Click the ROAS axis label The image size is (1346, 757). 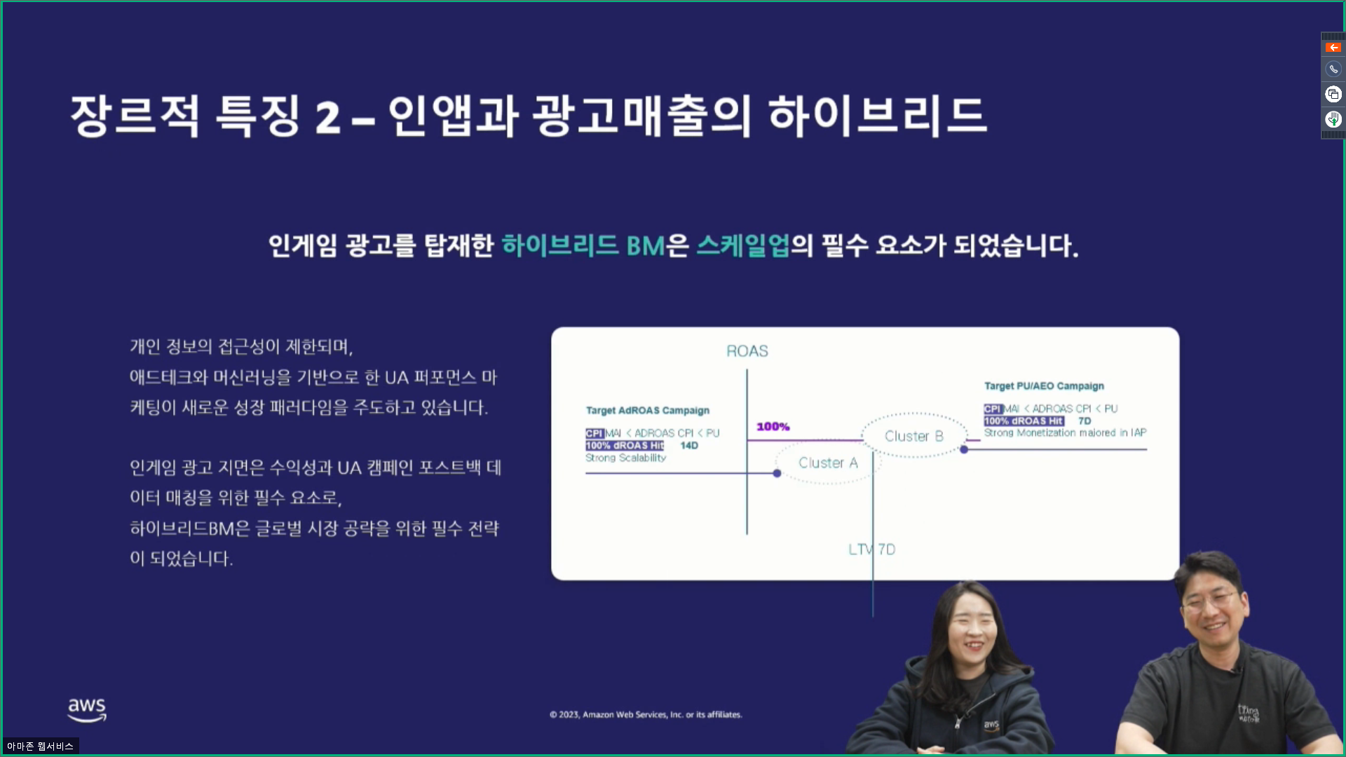747,351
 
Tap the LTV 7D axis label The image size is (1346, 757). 871,550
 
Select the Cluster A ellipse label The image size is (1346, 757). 828,463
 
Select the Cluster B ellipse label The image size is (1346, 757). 913,436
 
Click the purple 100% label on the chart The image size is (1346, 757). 773,426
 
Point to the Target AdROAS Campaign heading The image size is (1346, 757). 648,410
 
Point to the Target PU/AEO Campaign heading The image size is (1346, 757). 1044,386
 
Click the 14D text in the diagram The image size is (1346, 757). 689,445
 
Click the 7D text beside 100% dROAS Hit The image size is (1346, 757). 1085,421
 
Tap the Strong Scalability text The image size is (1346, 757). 625,458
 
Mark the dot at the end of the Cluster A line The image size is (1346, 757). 777,473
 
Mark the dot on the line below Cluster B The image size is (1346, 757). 964,449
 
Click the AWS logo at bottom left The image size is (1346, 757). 87,709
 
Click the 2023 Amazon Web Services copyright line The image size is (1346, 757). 646,714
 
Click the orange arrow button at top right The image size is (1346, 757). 1333,48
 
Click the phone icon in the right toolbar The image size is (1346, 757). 1333,69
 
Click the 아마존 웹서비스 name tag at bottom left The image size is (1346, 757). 40,746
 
